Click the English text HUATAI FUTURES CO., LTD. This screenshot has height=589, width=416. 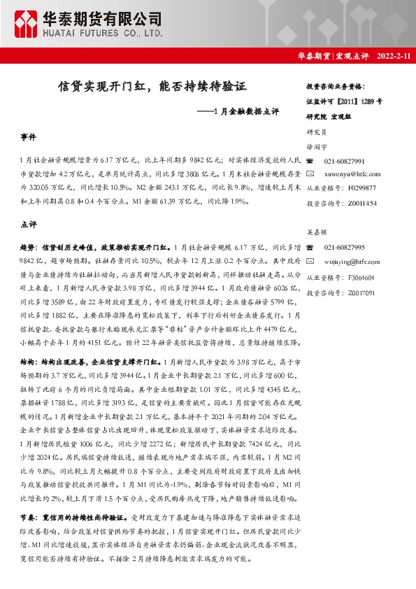point(105,32)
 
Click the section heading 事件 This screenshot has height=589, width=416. point(29,137)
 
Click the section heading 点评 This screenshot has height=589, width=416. point(29,225)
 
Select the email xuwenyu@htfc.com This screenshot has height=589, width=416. point(353,173)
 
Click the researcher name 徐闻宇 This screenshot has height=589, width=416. point(317,147)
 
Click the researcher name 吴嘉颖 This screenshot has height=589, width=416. point(317,235)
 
